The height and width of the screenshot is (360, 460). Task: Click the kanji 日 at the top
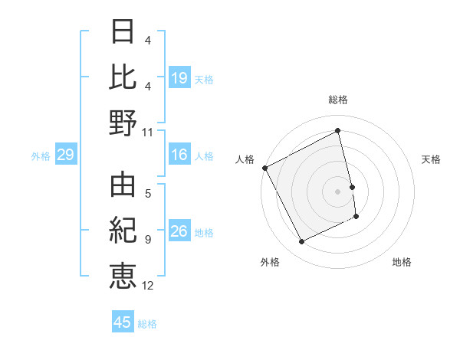tap(123, 31)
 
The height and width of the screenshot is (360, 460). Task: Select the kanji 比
tap(123, 77)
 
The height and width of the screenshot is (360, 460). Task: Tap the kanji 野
tap(123, 123)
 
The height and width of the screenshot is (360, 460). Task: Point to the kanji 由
tap(123, 185)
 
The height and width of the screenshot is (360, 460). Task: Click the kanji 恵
tap(123, 275)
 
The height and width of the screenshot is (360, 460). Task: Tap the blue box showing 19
tap(179, 77)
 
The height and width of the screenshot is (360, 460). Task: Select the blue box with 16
tap(179, 155)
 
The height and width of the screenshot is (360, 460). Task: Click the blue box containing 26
tap(179, 231)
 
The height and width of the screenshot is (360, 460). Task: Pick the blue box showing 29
tap(65, 155)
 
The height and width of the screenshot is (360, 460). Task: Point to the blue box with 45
tap(123, 322)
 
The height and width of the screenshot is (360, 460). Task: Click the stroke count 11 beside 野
tap(148, 132)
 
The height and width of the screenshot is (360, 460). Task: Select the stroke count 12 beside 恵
tap(148, 286)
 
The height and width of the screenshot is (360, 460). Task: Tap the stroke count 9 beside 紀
tap(148, 240)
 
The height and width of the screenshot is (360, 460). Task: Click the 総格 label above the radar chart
tap(338, 100)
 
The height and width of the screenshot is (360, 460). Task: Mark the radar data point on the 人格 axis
tap(264, 168)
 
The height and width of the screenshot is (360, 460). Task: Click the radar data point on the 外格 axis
tap(301, 242)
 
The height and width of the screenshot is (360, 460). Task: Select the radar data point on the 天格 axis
tap(352, 187)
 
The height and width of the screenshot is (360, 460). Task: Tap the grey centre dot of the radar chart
tap(338, 191)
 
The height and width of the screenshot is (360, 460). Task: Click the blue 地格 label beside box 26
tap(204, 232)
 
